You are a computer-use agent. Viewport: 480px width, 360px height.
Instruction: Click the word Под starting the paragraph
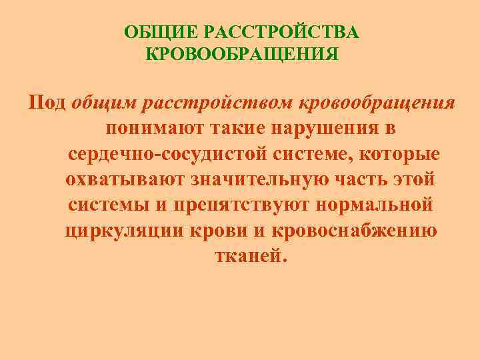tap(47, 103)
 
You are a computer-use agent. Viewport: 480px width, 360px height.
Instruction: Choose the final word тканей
tap(249, 256)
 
